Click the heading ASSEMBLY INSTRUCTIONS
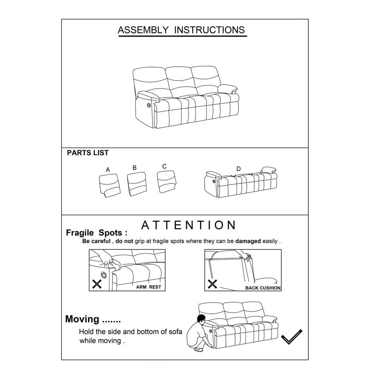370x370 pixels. pyautogui.click(x=181, y=30)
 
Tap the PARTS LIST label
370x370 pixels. pyautogui.click(x=87, y=153)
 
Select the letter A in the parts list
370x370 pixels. pyautogui.click(x=108, y=170)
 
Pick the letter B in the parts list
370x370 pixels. pyautogui.click(x=135, y=168)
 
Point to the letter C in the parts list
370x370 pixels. pyautogui.click(x=165, y=166)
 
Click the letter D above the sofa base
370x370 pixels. pyautogui.click(x=239, y=169)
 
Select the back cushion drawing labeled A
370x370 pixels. pyautogui.click(x=108, y=184)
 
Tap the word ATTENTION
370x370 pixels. pyautogui.click(x=188, y=225)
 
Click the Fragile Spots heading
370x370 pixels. pyautogui.click(x=96, y=233)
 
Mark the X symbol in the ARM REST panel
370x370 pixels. pyautogui.click(x=97, y=284)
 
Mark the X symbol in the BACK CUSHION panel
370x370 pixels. pyautogui.click(x=212, y=284)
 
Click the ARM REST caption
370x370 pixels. pyautogui.click(x=148, y=287)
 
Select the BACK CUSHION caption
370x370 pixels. pyautogui.click(x=263, y=288)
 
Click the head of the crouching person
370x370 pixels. pyautogui.click(x=201, y=320)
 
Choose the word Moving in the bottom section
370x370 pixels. pyautogui.click(x=82, y=319)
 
